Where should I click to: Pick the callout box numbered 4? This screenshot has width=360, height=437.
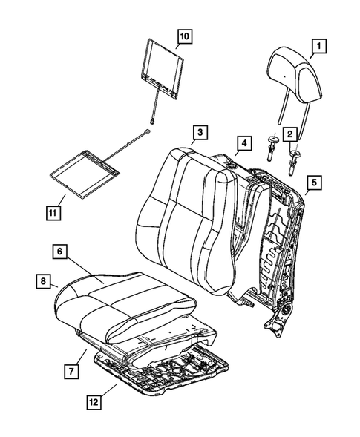pos(242,142)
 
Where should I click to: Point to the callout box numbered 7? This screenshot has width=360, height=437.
pos(71,369)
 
